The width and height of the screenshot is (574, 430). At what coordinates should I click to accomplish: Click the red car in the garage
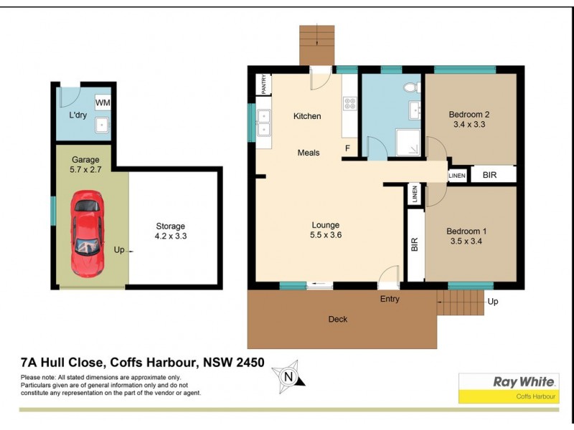pyautogui.click(x=87, y=234)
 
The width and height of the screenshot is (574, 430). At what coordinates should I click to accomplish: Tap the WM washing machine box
pyautogui.click(x=103, y=102)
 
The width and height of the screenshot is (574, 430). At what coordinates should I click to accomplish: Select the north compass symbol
pyautogui.click(x=288, y=376)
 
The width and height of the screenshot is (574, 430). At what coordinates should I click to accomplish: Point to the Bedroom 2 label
pyautogui.click(x=469, y=114)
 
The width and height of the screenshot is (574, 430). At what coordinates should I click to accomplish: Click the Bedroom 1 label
pyautogui.click(x=466, y=231)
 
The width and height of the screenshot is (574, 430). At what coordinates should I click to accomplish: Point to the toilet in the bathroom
pyautogui.click(x=410, y=88)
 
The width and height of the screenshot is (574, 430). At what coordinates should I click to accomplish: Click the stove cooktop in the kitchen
pyautogui.click(x=350, y=103)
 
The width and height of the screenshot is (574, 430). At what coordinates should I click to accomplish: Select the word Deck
pyautogui.click(x=338, y=319)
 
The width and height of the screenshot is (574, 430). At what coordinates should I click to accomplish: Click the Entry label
pyautogui.click(x=390, y=299)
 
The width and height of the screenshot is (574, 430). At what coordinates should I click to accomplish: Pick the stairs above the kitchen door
pyautogui.click(x=316, y=44)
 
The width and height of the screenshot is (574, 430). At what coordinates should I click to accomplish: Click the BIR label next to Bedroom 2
pyautogui.click(x=489, y=174)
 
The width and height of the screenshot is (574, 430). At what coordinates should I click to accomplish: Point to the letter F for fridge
pyautogui.click(x=347, y=149)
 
